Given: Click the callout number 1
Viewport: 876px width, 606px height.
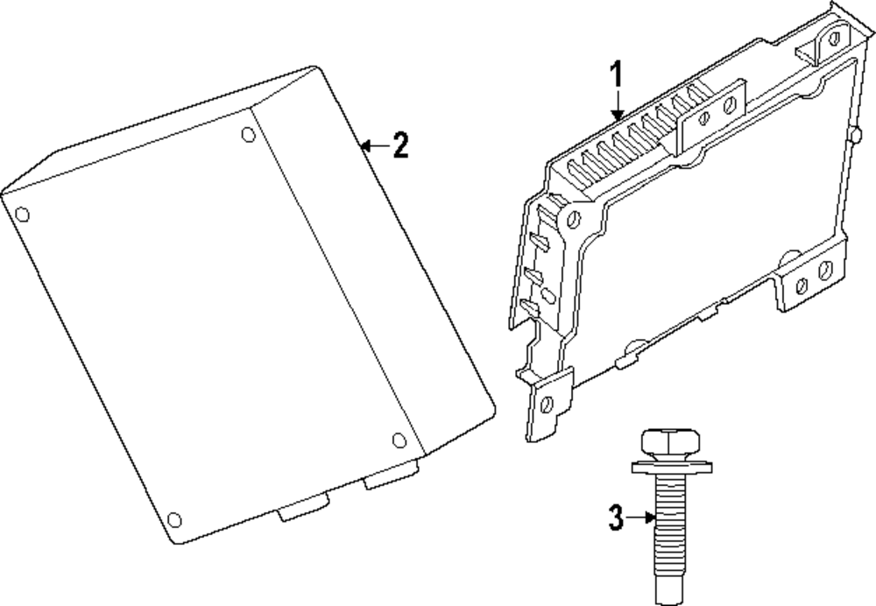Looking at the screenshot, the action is pyautogui.click(x=617, y=75).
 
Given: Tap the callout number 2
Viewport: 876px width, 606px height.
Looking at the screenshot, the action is pyautogui.click(x=400, y=145).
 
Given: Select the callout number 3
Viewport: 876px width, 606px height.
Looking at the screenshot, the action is pyautogui.click(x=616, y=518).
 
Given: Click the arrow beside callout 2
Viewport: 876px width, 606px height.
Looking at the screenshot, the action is pyautogui.click(x=372, y=145).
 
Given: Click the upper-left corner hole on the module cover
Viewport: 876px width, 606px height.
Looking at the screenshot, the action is pyautogui.click(x=23, y=214).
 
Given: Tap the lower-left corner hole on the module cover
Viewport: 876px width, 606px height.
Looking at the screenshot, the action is pyautogui.click(x=173, y=520).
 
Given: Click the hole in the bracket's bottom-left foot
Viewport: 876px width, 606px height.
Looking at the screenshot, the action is pyautogui.click(x=547, y=404).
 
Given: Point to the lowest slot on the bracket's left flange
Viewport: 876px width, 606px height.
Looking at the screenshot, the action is pyautogui.click(x=528, y=306).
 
